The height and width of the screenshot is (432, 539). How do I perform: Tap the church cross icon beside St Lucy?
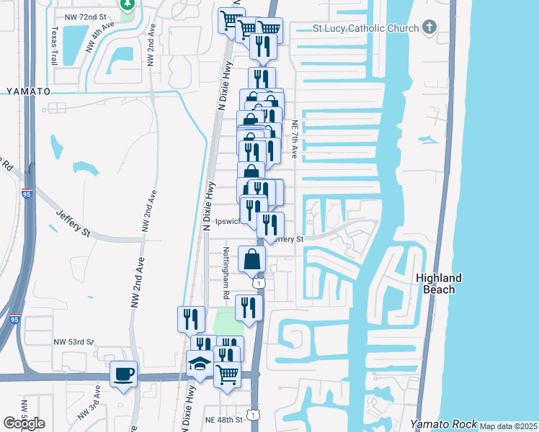429,28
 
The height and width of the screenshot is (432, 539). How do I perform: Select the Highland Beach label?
438,284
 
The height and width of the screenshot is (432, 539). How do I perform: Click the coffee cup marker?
124,374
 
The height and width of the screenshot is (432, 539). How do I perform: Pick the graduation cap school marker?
199,365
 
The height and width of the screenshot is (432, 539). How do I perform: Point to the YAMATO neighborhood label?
28,91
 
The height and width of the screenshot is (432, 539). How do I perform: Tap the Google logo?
24,424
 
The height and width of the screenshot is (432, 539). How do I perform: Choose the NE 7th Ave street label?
295,138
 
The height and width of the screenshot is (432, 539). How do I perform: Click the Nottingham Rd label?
226,274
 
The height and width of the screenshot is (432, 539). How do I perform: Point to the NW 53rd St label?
74,341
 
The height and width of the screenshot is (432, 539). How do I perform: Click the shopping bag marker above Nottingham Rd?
251,259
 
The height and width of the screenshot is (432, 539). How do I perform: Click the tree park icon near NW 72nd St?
127,4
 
